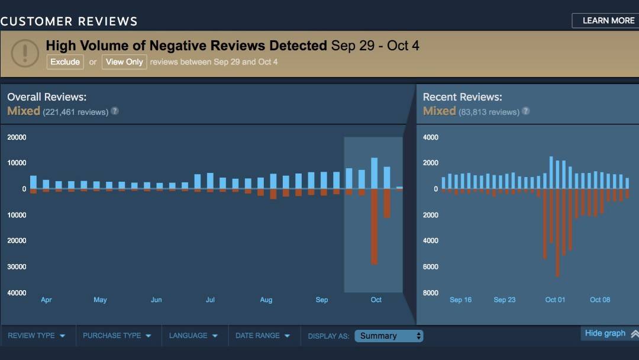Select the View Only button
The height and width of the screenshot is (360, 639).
[x=124, y=62]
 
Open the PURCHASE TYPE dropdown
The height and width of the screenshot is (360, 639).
[x=117, y=336]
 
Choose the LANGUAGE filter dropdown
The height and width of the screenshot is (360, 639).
[x=193, y=336]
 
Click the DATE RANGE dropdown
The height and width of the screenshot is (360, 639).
[x=263, y=336]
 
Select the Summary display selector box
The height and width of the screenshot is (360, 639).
[x=389, y=336]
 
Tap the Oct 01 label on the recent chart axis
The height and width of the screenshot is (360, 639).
[x=555, y=300]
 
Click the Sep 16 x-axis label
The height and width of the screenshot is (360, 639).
[x=460, y=300]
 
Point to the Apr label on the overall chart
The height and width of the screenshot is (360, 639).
[x=46, y=300]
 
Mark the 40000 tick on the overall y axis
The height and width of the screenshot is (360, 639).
[x=17, y=292]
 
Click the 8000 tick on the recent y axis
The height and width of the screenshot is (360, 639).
[x=430, y=292]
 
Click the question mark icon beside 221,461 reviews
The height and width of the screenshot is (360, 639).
[x=115, y=111]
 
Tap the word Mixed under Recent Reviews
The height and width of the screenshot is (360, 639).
[x=439, y=111]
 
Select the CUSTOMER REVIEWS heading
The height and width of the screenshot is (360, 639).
[x=69, y=21]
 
